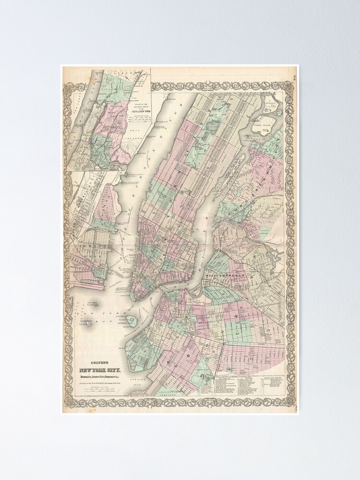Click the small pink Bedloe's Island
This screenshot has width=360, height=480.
tap(89, 324)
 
